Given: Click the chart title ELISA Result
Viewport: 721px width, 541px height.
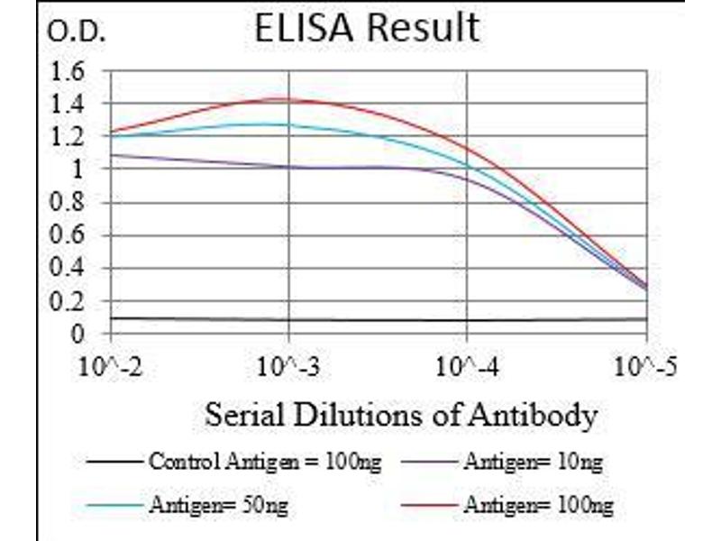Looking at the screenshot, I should pyautogui.click(x=366, y=28).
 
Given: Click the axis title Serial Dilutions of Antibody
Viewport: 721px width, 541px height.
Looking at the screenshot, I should pyautogui.click(x=401, y=416).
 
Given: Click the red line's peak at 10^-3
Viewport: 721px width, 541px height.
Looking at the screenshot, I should pyautogui.click(x=288, y=99).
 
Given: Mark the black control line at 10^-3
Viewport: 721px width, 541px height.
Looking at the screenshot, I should pyautogui.click(x=288, y=319).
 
